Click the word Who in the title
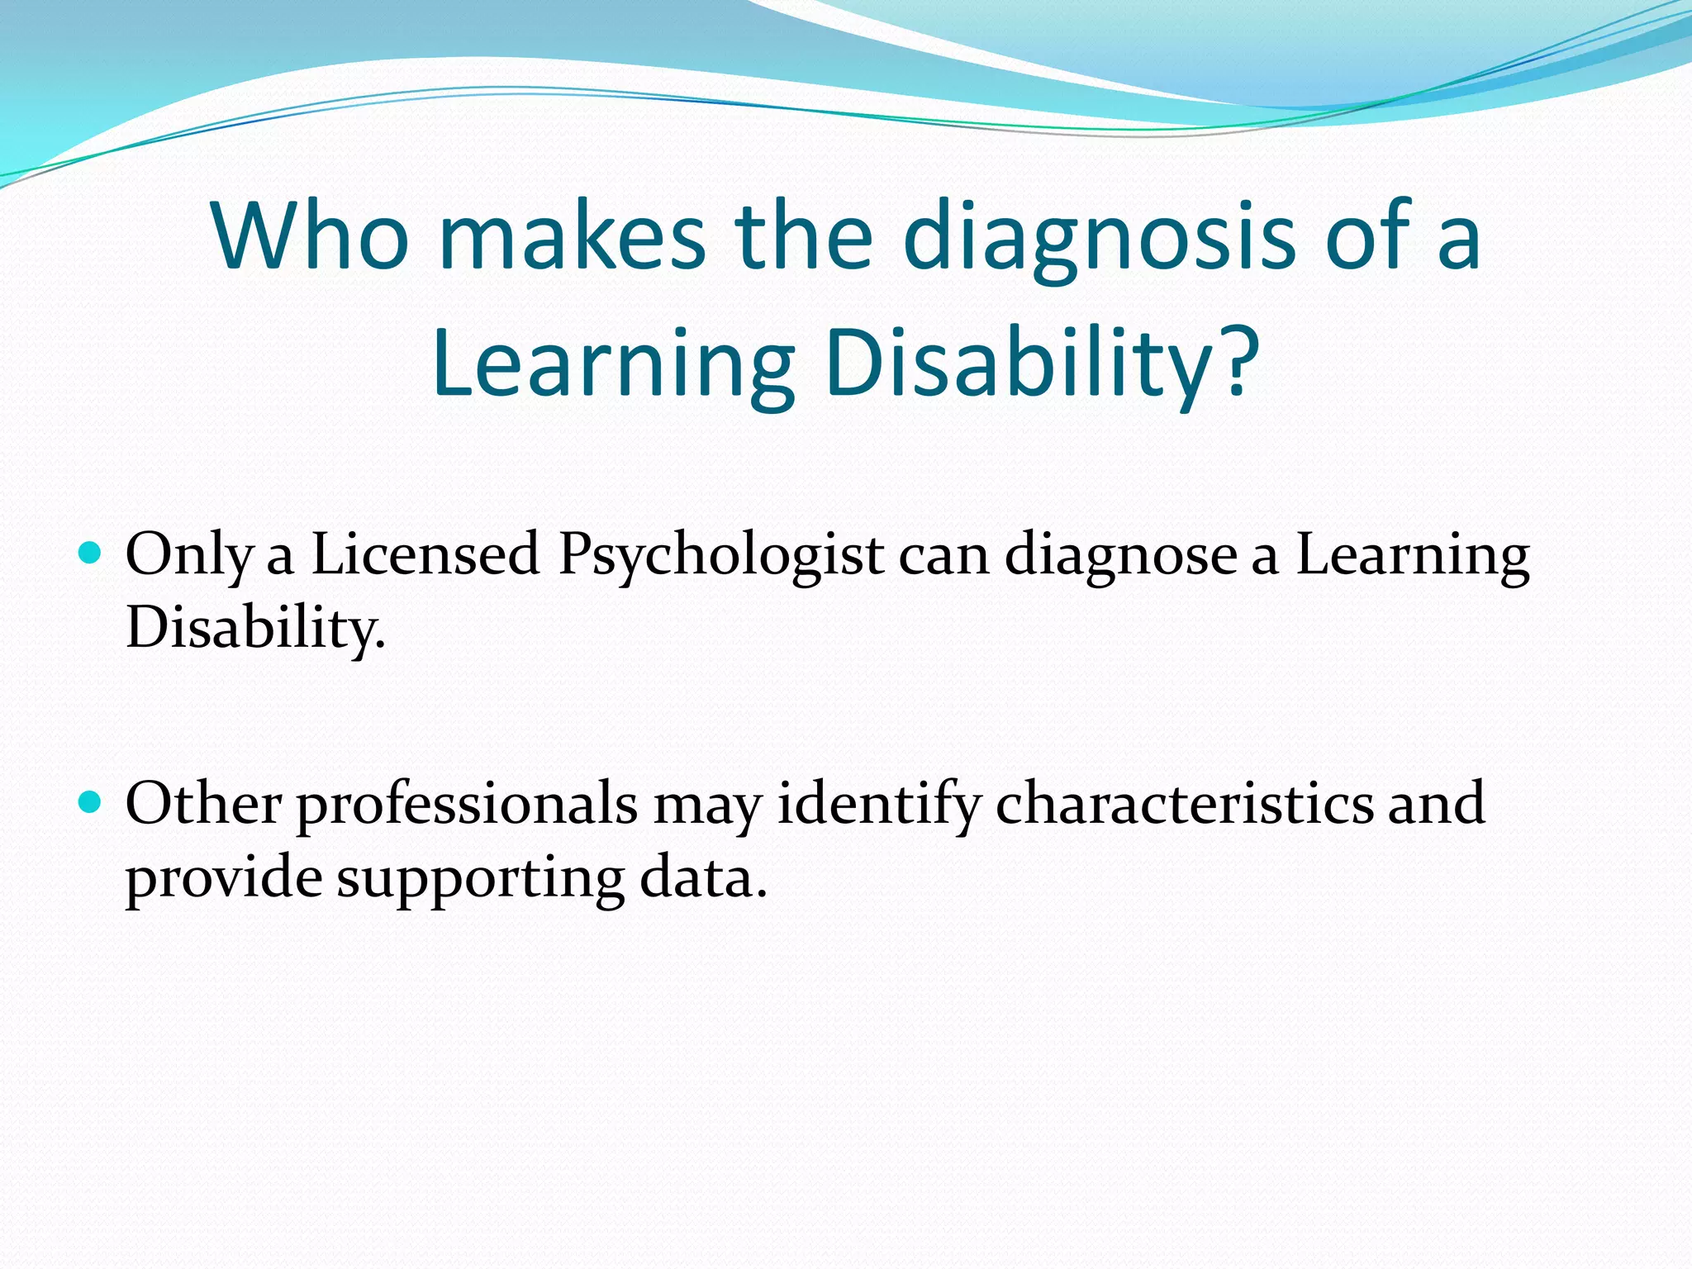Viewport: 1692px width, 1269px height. tap(310, 237)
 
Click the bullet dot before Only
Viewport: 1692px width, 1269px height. tap(89, 552)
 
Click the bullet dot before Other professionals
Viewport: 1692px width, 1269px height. tap(89, 801)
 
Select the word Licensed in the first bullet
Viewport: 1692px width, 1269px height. tap(425, 554)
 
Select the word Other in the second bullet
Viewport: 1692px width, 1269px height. tap(203, 803)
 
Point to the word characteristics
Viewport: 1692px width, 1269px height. tap(1183, 803)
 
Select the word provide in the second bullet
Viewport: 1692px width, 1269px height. tap(223, 878)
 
